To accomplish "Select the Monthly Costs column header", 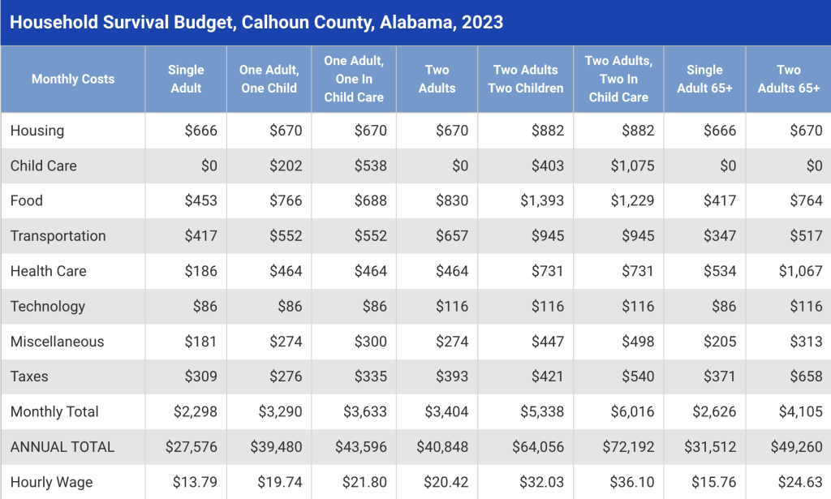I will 73,79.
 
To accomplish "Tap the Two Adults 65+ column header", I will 788,79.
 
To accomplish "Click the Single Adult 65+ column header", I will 704,79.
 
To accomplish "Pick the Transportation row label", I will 58,236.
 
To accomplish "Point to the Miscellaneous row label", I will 57,342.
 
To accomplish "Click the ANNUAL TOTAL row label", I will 62,447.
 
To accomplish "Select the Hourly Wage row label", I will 51,482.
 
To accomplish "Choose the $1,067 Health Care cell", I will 800,271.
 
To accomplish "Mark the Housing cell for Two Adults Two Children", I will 548,131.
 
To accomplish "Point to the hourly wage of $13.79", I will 195,482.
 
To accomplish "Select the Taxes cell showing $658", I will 805,376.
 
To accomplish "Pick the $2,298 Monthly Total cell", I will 196,411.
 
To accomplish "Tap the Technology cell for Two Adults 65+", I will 805,306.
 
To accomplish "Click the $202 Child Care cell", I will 286,166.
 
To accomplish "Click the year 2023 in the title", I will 482,22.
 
